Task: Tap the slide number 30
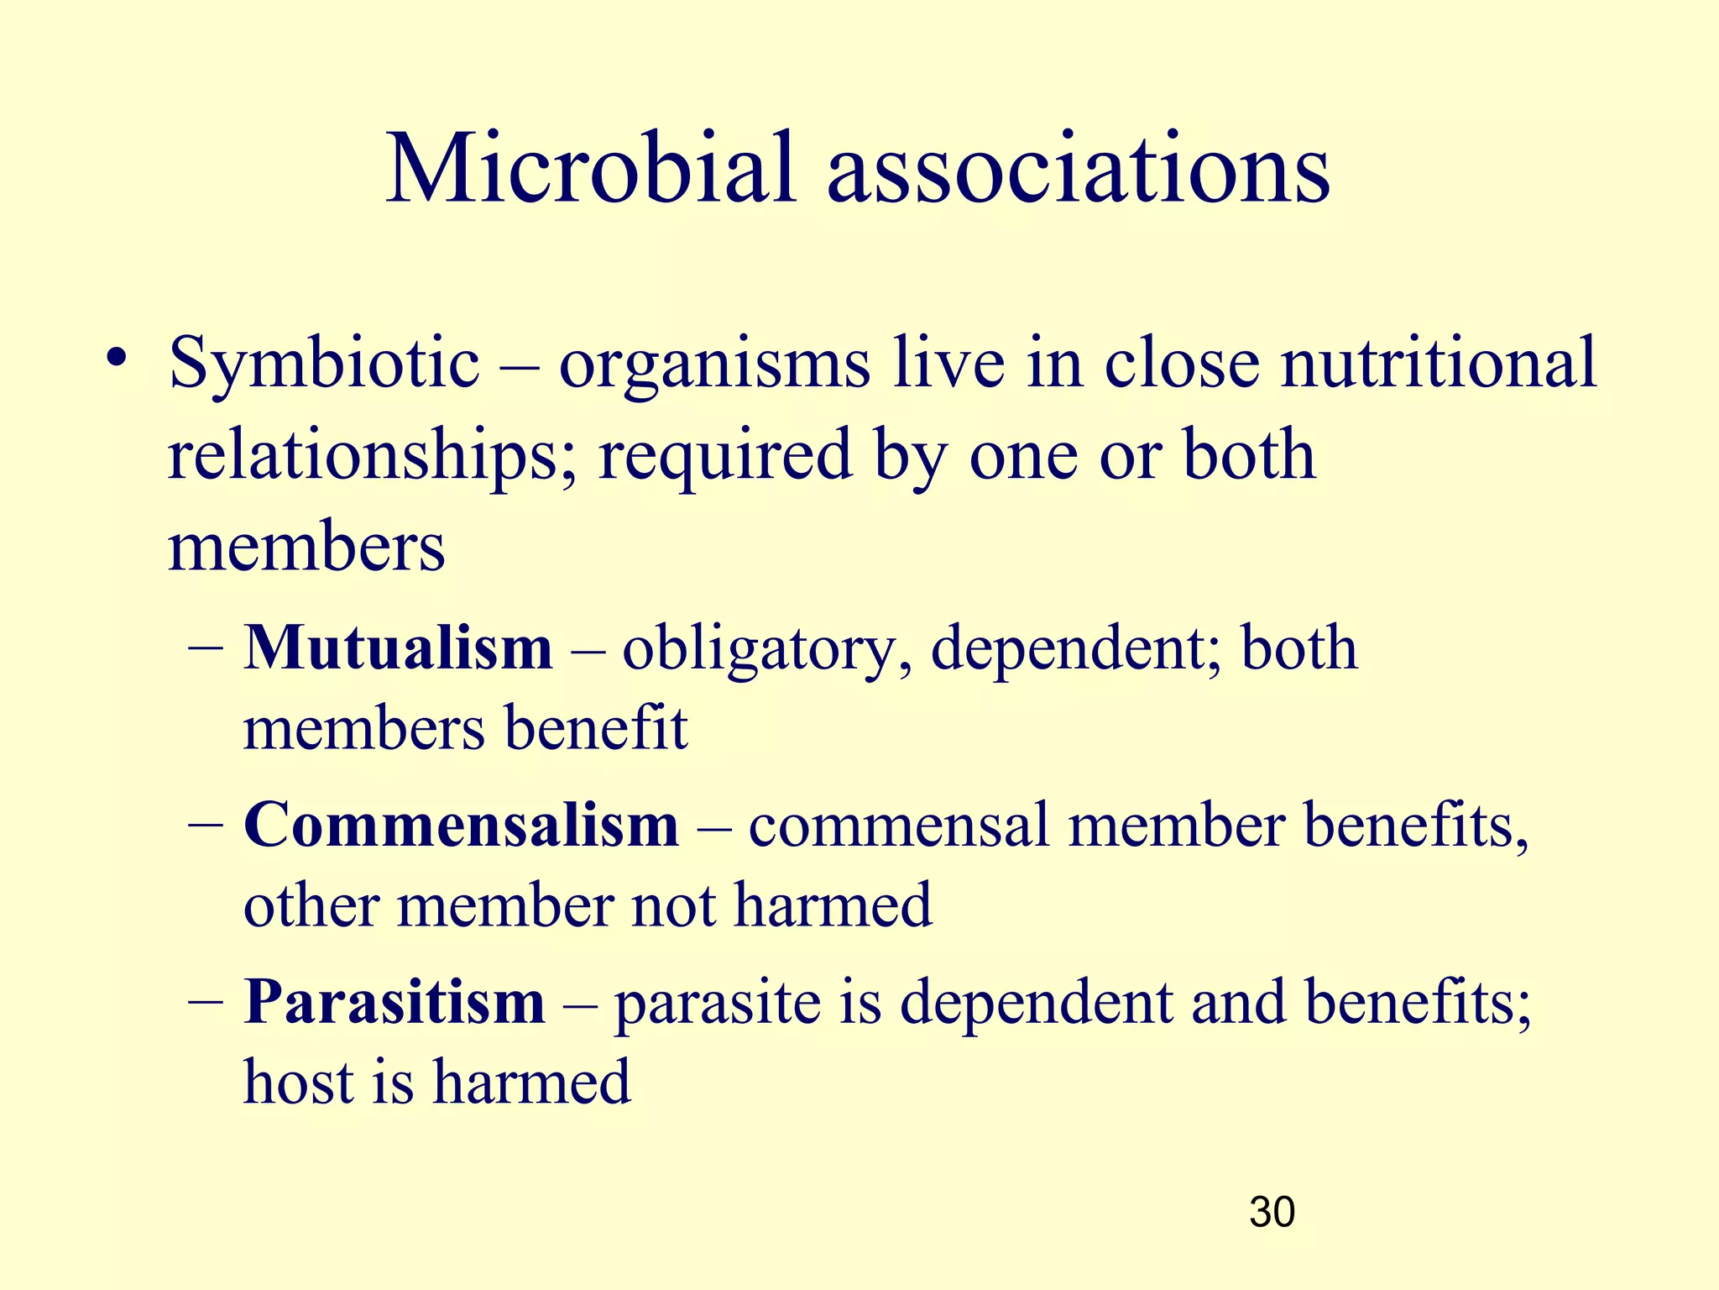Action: pos(1272,1212)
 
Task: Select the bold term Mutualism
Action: pos(398,648)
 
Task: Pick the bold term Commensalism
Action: pos(461,825)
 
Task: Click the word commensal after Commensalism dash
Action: pos(898,825)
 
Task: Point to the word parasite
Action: pos(718,1004)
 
